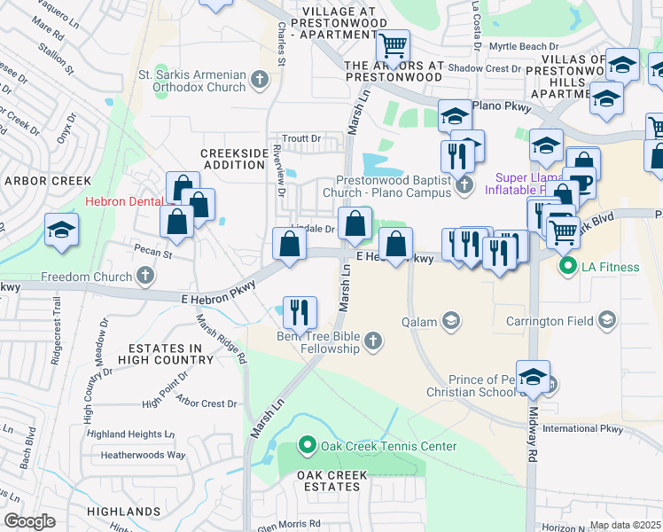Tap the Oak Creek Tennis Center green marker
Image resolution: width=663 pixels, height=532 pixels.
click(308, 444)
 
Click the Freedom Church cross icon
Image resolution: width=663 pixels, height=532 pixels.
click(144, 277)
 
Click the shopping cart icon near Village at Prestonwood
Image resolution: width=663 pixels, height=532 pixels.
click(392, 44)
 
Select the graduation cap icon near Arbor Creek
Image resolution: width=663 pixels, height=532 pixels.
click(61, 231)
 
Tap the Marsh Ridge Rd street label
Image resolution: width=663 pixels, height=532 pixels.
click(220, 340)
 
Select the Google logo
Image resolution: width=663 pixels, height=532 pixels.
click(30, 520)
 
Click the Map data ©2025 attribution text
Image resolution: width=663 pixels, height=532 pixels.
click(624, 525)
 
